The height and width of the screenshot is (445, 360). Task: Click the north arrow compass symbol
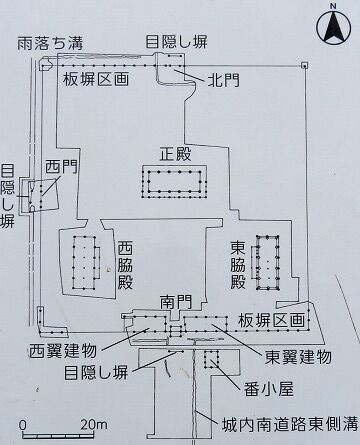[x=334, y=26]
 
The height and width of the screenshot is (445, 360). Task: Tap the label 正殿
[x=176, y=155]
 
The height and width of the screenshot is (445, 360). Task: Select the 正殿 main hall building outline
[x=175, y=182]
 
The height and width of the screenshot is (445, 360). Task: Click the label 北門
[x=223, y=80]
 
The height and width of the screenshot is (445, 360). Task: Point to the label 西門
[x=61, y=166]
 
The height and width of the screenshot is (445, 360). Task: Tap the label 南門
[x=176, y=302]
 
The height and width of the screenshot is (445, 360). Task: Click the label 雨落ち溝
[x=50, y=43]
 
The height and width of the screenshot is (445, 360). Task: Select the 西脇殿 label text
[x=125, y=265]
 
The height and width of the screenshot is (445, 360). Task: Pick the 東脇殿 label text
[x=238, y=265]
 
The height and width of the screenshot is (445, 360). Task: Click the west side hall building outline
[x=86, y=263]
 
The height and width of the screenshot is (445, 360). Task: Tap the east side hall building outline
[x=266, y=263]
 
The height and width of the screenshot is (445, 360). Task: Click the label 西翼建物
[x=62, y=351]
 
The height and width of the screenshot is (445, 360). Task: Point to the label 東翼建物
[x=298, y=357]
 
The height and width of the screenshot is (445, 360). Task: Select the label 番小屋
[x=269, y=389]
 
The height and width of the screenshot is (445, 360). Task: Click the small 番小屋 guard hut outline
[x=211, y=359]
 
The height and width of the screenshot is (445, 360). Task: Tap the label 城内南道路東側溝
[x=289, y=424]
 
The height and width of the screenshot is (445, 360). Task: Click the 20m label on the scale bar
[x=93, y=424]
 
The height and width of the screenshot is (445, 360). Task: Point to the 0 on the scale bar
[x=22, y=425]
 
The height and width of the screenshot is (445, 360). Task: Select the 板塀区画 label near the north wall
[x=96, y=80]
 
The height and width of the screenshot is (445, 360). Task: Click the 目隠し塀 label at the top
[x=176, y=42]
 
